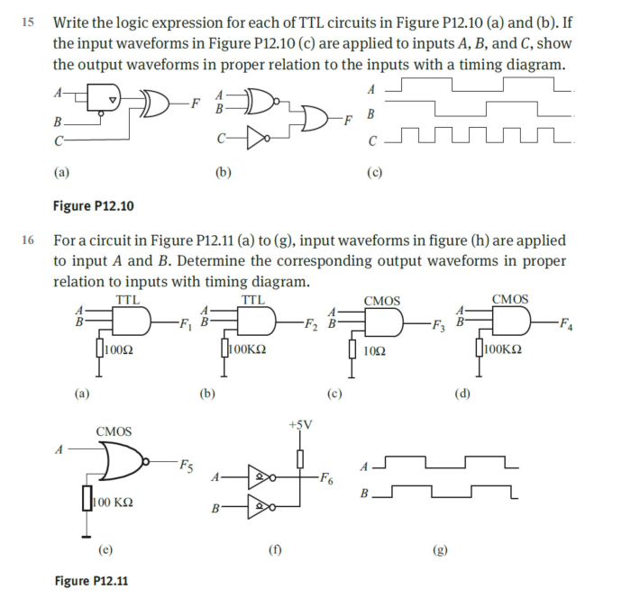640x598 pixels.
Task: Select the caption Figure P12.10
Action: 93,206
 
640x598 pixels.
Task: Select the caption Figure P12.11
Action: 93,581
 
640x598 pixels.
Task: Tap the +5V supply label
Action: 300,425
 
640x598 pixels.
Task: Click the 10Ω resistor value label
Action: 379,350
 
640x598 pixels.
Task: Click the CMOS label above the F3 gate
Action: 381,301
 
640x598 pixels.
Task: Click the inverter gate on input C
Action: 257,140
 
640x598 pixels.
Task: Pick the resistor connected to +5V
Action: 300,458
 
